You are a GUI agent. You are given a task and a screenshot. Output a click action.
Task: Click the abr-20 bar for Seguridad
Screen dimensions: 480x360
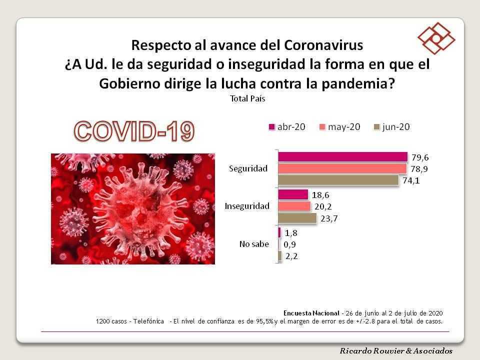[343, 156]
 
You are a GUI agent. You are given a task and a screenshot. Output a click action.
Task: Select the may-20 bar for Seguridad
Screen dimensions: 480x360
[342, 168]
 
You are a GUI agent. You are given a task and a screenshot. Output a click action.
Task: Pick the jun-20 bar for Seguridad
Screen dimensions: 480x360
[338, 180]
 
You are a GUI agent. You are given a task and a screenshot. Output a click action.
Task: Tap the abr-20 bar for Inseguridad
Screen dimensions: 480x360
[293, 194]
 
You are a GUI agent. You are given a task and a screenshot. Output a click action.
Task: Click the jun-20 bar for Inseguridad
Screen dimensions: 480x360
[297, 218]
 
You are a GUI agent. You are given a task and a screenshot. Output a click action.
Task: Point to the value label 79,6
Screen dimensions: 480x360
[420, 157]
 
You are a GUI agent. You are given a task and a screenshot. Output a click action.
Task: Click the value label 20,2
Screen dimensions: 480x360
[323, 206]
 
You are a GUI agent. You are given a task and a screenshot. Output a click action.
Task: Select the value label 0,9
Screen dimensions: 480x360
[289, 244]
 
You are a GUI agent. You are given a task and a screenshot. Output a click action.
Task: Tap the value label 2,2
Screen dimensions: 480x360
[291, 256]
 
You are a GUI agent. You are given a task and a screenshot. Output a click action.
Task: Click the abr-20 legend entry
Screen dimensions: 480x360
[287, 126]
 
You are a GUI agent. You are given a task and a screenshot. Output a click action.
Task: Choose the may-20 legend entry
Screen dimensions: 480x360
[340, 127]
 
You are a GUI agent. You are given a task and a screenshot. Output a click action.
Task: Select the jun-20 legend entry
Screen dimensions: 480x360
[392, 127]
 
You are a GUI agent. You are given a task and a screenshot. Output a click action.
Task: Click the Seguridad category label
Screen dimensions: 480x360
[248, 168]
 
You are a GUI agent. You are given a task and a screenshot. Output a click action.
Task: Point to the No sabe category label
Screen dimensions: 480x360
[254, 244]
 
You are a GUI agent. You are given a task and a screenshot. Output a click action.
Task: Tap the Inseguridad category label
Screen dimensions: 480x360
[247, 206]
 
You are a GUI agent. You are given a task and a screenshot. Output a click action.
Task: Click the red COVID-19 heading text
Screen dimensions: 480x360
[134, 131]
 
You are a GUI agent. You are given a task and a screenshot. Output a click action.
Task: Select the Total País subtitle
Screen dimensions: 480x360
[247, 98]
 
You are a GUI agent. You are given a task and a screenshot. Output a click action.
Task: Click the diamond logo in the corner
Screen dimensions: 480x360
[436, 38]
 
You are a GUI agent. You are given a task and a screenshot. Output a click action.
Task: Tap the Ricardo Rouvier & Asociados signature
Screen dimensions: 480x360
[396, 351]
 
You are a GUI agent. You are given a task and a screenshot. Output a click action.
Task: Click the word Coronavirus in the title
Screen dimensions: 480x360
[324, 45]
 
